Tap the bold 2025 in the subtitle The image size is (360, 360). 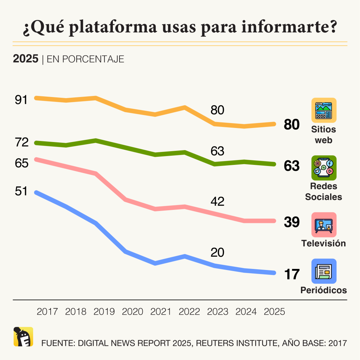coord(25,59)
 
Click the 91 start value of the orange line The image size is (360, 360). coord(21,100)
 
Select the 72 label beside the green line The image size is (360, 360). coord(21,142)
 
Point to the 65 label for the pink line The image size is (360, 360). coord(21,163)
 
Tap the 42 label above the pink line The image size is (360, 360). coord(217,201)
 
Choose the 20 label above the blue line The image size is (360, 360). coord(217,252)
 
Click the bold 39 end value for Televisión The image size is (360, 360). coord(291,222)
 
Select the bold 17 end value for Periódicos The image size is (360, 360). coord(291,275)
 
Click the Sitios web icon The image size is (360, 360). coord(324,110)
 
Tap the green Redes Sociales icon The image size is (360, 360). coord(324,168)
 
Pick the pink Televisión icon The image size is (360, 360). coord(324,225)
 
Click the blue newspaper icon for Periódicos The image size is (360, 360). coord(324,271)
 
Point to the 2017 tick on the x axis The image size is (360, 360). coord(47,312)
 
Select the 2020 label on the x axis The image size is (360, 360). coord(132,312)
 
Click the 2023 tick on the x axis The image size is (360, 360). coord(218,312)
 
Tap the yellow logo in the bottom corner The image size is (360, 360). coord(23,337)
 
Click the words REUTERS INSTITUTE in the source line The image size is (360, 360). coord(231,343)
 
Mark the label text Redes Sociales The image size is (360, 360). coord(323,192)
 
